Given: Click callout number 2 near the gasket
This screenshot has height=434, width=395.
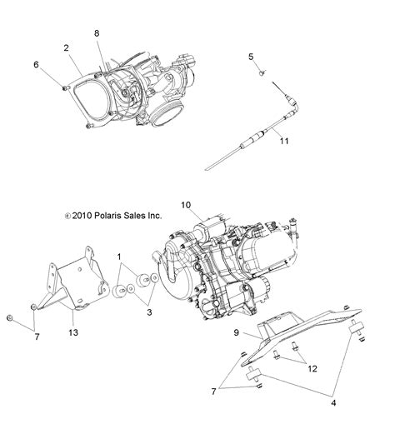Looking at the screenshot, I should [66, 49].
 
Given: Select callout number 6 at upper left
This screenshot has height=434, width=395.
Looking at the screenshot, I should [37, 64].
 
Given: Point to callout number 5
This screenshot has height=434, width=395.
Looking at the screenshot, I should [250, 56].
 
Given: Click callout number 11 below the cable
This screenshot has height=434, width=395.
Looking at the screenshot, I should [284, 142].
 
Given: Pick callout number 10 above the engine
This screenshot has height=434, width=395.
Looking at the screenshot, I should [186, 204].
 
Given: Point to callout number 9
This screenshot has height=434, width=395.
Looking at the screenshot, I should [236, 332].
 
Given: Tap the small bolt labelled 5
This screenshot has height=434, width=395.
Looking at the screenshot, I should [260, 73].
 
